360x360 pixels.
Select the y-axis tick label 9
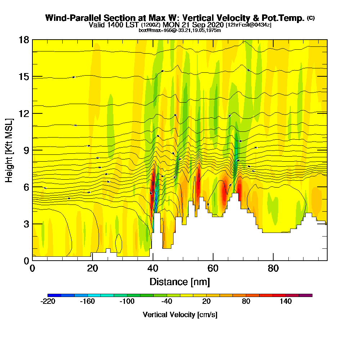coord(26,150)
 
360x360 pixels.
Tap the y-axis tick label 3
coord(26,224)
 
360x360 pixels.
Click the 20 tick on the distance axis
coord(93,269)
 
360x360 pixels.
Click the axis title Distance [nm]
coord(180,282)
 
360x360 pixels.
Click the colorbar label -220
coord(48,302)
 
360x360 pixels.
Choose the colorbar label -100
coord(127,302)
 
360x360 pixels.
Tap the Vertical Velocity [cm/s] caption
coord(180,315)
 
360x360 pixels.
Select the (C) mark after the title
coord(311,18)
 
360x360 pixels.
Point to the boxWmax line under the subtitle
coord(180,30)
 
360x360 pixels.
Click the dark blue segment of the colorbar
coord(54,295)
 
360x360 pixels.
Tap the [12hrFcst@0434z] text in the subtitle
coord(248,25)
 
